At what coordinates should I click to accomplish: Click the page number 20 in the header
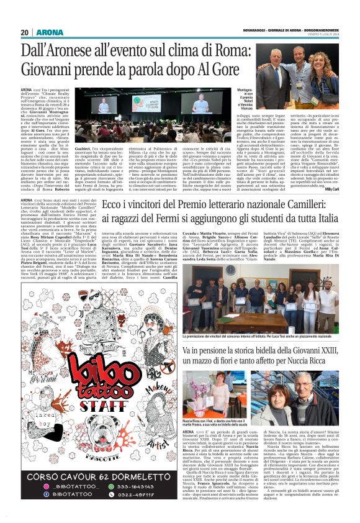[25, 32]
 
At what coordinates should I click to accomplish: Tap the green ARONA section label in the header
[46, 32]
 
